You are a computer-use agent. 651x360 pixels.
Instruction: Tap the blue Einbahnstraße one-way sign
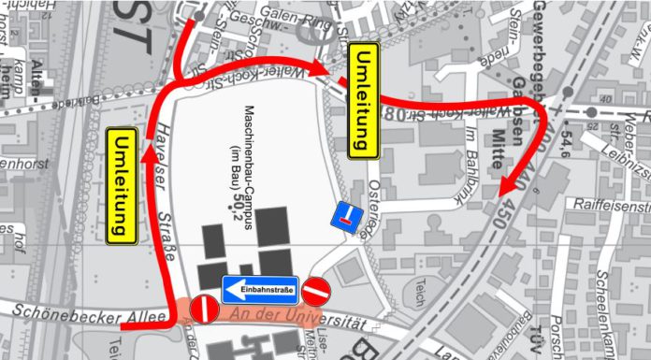coord(260,290)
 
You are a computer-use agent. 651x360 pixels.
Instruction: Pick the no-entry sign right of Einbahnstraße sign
coord(316,291)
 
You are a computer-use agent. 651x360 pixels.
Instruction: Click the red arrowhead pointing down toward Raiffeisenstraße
coord(505,186)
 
